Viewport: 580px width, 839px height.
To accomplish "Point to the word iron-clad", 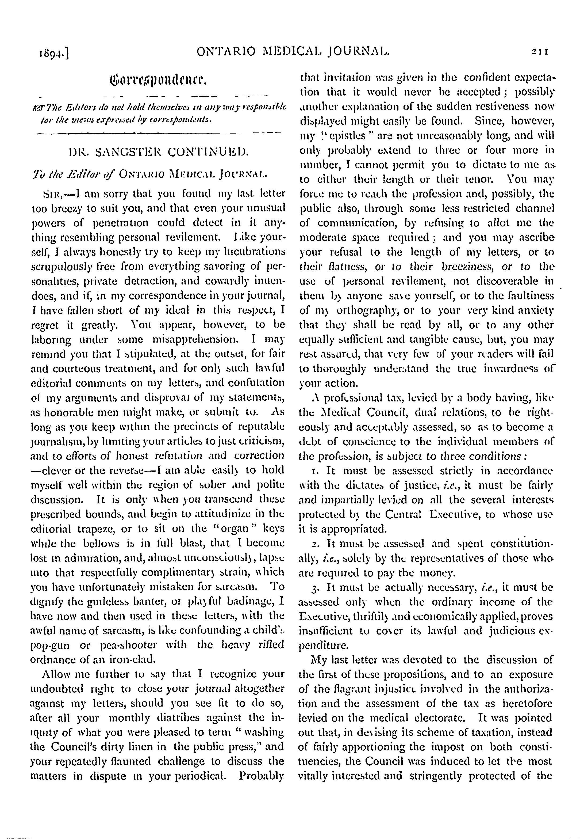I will pos(133,659).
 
